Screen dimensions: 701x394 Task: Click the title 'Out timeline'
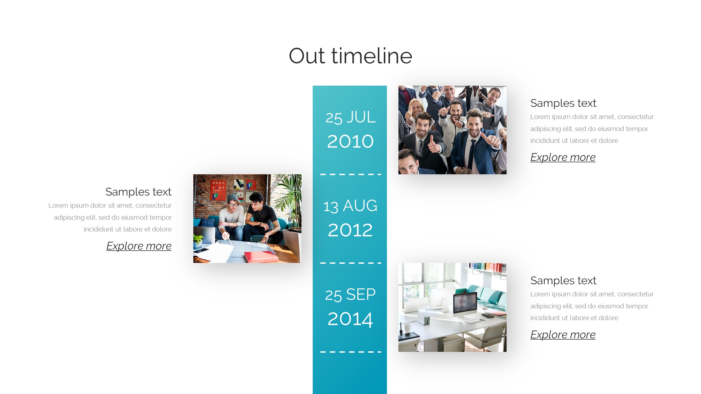[x=350, y=56]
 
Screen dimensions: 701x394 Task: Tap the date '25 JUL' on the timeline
[x=350, y=118]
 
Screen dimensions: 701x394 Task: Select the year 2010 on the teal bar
[x=350, y=141]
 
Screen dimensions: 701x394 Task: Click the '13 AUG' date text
[x=350, y=206]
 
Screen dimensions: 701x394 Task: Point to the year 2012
[x=350, y=230]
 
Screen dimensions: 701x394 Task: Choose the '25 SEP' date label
[x=350, y=295]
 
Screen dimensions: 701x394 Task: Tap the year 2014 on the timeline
[x=350, y=319]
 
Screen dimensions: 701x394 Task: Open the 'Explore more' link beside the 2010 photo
[x=563, y=157]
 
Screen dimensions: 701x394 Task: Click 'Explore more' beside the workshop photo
[x=139, y=246]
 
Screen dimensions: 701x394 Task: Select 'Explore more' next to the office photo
[x=563, y=335]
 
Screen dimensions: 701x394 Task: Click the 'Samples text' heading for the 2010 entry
[x=563, y=103]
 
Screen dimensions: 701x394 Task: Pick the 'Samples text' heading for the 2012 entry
[x=139, y=192]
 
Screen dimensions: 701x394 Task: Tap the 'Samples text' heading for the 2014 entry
[x=563, y=280]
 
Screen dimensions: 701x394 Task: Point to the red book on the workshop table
[x=261, y=257]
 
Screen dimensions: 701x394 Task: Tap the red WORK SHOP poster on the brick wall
[x=219, y=190]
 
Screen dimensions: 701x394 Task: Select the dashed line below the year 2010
[x=350, y=174]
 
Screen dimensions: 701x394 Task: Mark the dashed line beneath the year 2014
[x=350, y=352]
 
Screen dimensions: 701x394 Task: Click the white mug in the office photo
[x=408, y=328]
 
